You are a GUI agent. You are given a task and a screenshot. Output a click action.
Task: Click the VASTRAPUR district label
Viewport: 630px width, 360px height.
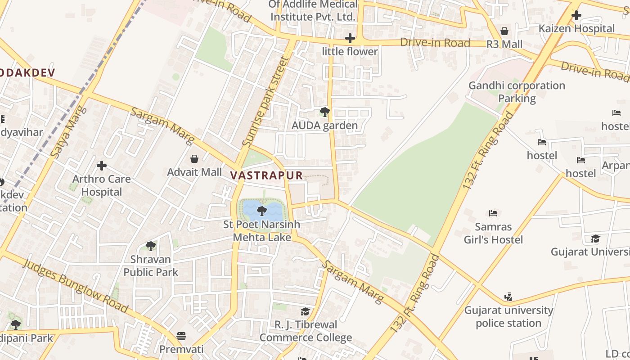tap(267, 175)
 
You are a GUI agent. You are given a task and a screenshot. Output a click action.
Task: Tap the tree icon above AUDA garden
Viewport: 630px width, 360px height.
tap(324, 112)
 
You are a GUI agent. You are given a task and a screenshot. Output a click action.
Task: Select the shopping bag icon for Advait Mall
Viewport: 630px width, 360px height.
tap(194, 159)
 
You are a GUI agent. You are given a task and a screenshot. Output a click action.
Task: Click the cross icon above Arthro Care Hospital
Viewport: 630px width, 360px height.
tap(102, 166)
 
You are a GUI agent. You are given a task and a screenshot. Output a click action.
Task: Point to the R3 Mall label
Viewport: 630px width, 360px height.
tap(504, 44)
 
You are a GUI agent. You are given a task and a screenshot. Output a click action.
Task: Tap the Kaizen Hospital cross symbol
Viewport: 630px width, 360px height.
tap(576, 15)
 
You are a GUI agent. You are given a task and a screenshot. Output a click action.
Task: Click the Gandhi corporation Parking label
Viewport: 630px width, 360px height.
tap(517, 92)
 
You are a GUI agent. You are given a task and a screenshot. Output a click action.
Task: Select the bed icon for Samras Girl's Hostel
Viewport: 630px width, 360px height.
tap(493, 213)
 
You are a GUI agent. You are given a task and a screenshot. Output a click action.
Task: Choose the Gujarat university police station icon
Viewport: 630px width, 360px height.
tap(508, 297)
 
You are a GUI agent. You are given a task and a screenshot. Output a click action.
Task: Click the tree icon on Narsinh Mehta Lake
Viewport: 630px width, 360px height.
tap(261, 211)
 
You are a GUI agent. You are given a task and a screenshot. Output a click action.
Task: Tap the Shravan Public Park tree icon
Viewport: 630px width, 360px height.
tap(151, 246)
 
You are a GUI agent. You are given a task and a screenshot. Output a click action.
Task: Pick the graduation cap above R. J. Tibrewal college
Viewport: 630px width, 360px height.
tap(306, 311)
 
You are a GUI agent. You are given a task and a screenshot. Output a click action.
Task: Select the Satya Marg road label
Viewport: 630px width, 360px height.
tap(68, 131)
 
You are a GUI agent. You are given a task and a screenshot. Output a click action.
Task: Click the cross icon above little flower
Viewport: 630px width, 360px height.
tap(350, 38)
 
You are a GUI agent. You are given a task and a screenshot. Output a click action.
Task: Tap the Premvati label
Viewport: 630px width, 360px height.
tap(181, 349)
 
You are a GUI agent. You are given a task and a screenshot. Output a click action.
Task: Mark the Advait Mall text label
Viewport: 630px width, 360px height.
tap(194, 172)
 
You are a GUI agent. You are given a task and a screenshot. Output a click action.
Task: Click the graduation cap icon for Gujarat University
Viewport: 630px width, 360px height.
tap(595, 238)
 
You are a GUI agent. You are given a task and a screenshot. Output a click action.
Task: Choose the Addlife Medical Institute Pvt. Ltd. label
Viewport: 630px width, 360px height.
tap(313, 11)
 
